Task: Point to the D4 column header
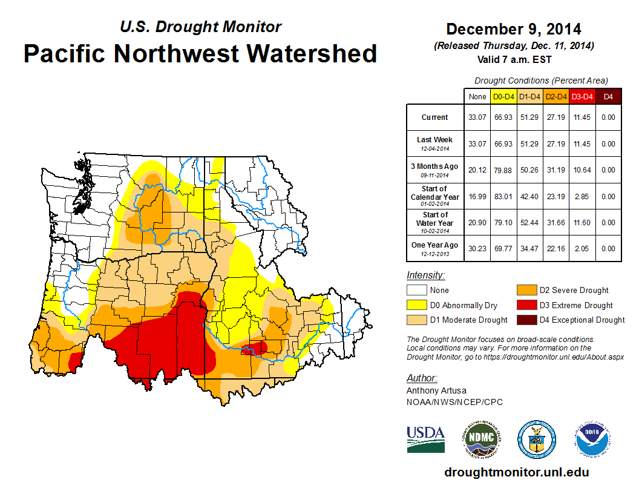608,96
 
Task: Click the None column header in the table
477,96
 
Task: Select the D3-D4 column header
582,96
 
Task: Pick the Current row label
435,117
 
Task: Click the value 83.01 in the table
503,197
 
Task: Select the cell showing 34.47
529,248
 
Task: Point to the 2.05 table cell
582,248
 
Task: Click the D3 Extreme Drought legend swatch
525,305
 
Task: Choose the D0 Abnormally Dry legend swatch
416,305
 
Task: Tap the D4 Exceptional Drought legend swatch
525,320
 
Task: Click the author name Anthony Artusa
436,390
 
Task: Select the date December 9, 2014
513,29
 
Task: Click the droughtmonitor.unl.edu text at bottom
516,472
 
